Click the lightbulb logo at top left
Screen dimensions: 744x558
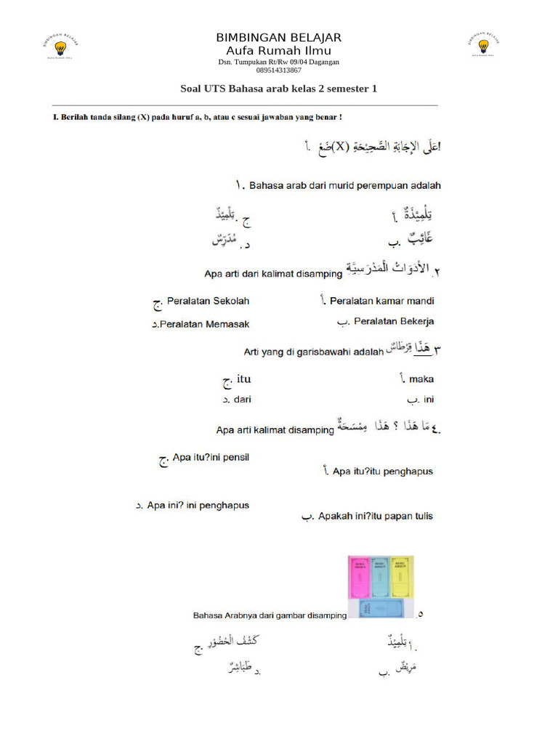[x=61, y=47]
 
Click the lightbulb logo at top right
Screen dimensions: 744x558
[x=483, y=46]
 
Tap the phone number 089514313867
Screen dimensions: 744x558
[x=278, y=70]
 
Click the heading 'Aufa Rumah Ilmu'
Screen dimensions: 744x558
[x=278, y=51]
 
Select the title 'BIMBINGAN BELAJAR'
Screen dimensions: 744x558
[x=278, y=38]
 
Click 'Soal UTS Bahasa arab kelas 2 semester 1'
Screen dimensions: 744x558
[x=278, y=89]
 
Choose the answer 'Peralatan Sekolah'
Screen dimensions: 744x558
[x=208, y=301]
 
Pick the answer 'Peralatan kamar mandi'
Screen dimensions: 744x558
[x=381, y=301]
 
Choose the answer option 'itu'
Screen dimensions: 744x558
[x=243, y=379]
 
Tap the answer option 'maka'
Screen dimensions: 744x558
[x=421, y=379]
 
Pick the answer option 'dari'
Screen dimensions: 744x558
[x=241, y=399]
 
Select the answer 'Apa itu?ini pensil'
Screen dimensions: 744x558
[x=211, y=458]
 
